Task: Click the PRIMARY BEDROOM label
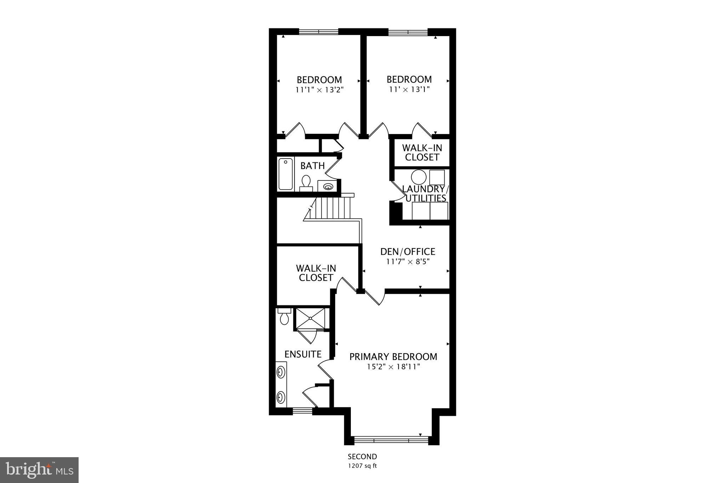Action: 393,357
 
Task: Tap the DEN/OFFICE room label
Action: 407,252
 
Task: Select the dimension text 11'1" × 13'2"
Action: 320,90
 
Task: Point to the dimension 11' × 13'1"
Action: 409,89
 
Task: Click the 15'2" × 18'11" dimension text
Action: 393,367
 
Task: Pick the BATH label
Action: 313,166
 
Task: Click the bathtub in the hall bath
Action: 286,174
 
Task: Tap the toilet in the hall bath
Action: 306,182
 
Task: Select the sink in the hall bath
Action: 328,186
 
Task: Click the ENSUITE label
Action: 303,354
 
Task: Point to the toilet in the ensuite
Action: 284,317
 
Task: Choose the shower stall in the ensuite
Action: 310,318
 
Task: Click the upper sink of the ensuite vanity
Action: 281,373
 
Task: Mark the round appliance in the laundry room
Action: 418,177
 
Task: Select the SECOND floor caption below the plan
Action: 362,456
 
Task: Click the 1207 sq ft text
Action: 362,466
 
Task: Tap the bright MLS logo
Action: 39,470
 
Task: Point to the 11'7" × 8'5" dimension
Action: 407,262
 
